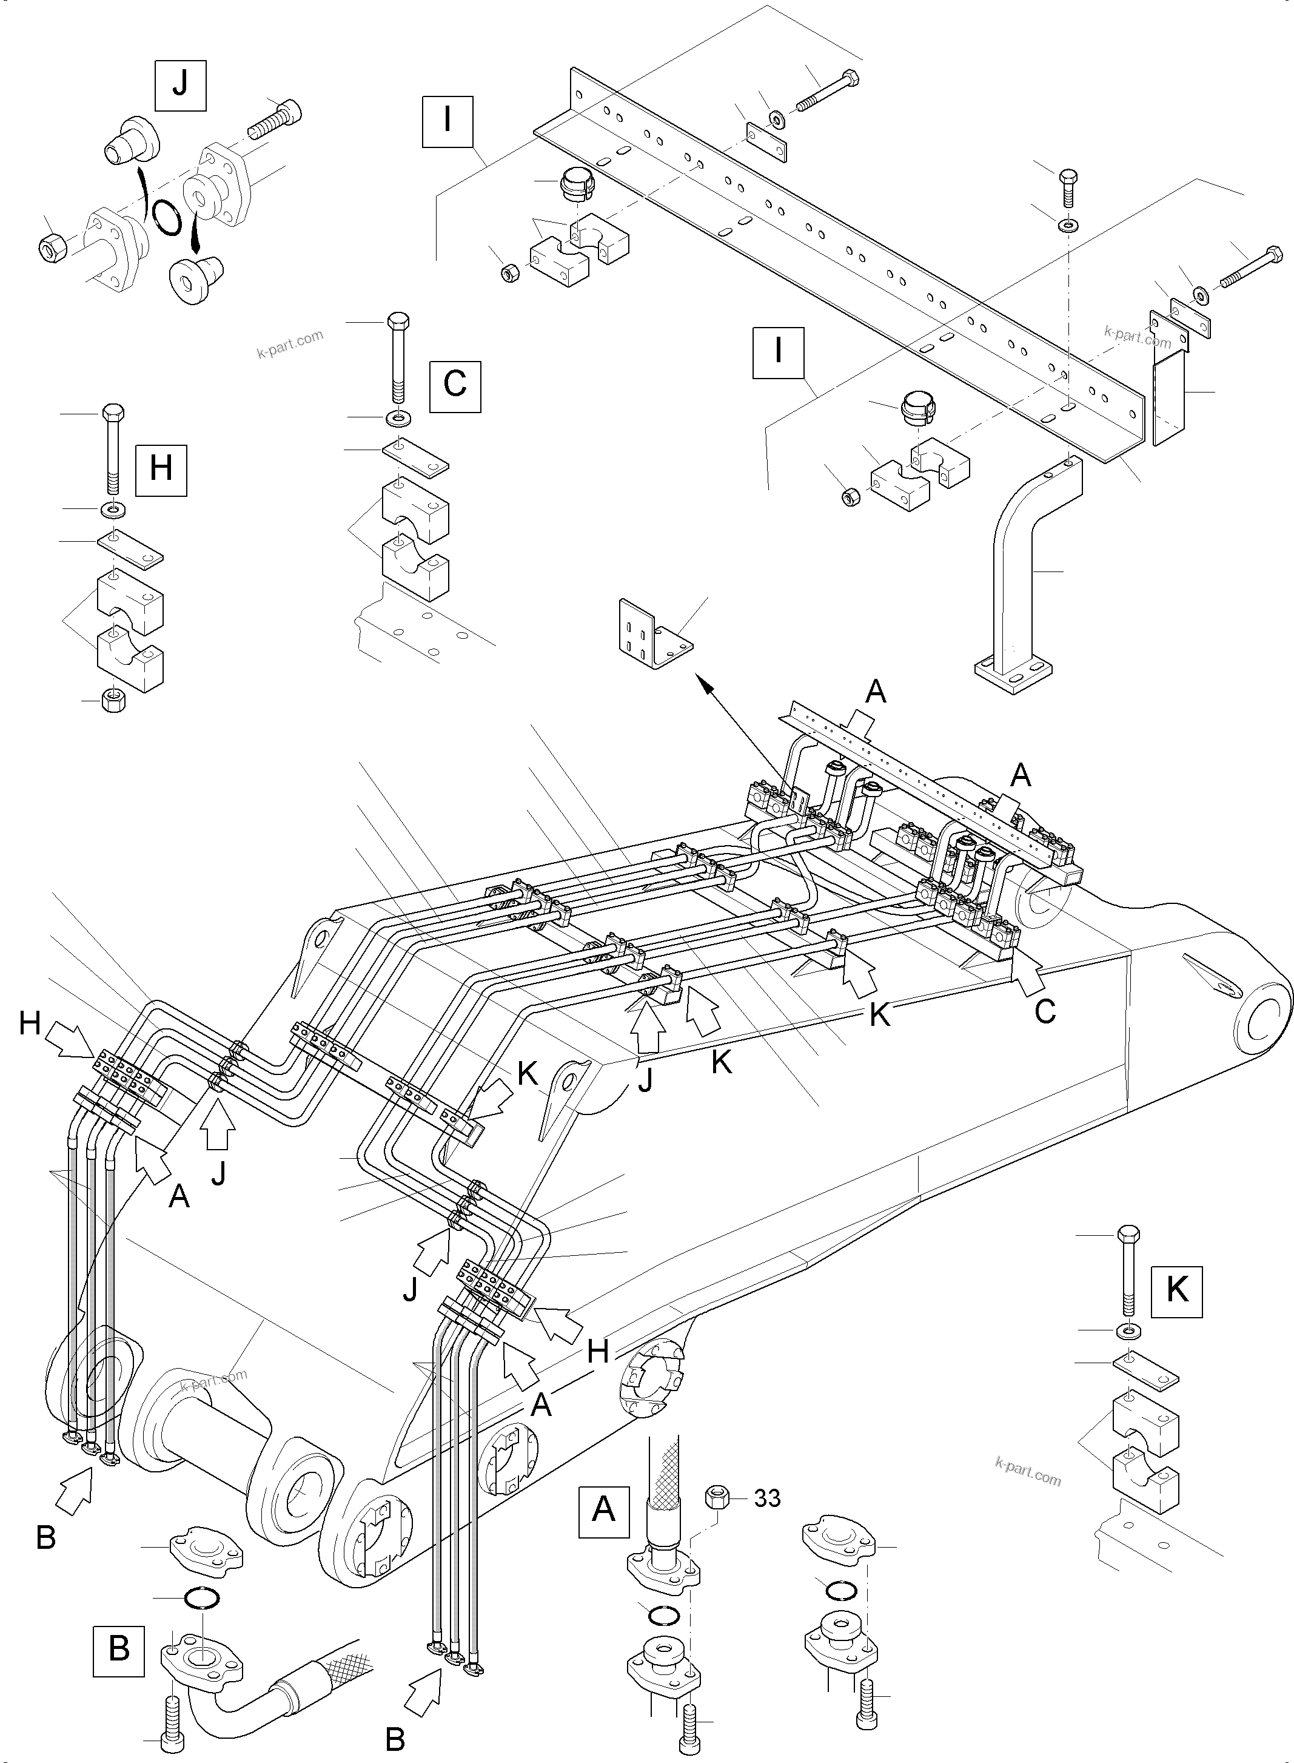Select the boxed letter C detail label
[x=455, y=385]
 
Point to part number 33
[x=767, y=1498]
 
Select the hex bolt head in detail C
[x=398, y=322]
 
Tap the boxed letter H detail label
[x=161, y=470]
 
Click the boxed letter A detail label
[x=603, y=1508]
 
